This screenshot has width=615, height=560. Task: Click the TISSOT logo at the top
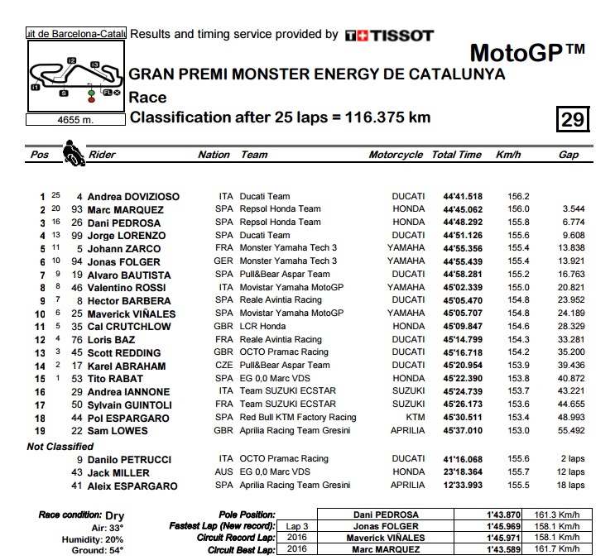pyautogui.click(x=389, y=35)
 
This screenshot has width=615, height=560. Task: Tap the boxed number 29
pyautogui.click(x=573, y=120)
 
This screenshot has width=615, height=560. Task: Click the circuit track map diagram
pyautogui.click(x=74, y=75)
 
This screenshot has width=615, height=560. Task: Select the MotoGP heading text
pyautogui.click(x=527, y=53)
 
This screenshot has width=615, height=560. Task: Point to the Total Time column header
pyautogui.click(x=456, y=155)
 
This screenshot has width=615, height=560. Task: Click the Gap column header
pyautogui.click(x=568, y=155)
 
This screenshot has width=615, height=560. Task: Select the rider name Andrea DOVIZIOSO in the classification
pyautogui.click(x=133, y=197)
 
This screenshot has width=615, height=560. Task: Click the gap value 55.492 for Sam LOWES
pyautogui.click(x=572, y=430)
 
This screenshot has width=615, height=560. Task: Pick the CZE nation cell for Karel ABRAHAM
pyautogui.click(x=225, y=365)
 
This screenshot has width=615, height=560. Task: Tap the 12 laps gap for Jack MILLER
pyautogui.click(x=571, y=471)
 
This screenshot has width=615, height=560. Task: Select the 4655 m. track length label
pyautogui.click(x=74, y=119)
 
